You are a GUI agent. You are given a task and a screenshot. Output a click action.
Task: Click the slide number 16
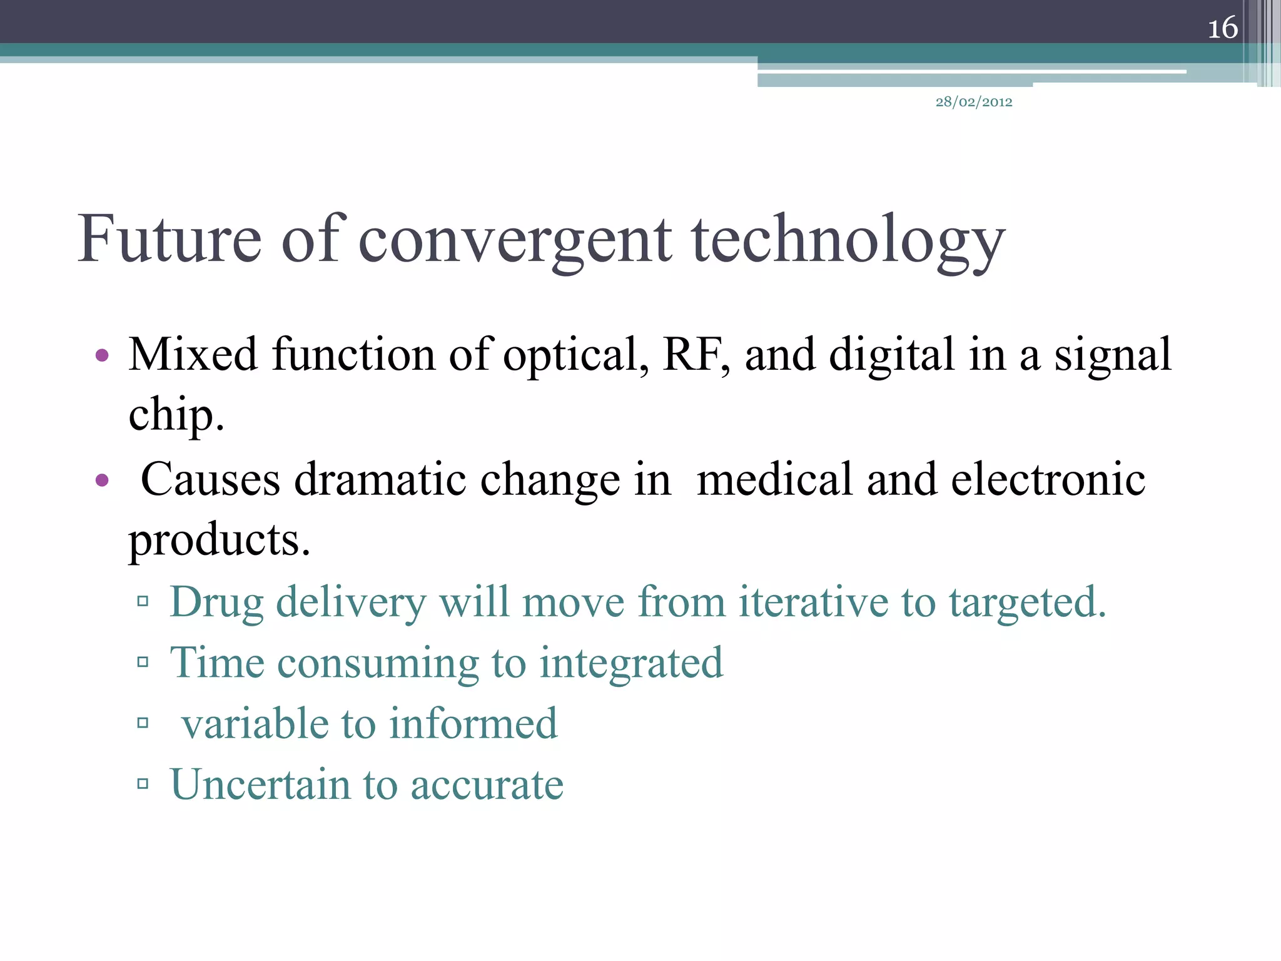pyautogui.click(x=1222, y=28)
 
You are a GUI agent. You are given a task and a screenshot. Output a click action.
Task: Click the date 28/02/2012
pyautogui.click(x=974, y=102)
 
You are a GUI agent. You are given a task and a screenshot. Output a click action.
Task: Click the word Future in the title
pyautogui.click(x=170, y=239)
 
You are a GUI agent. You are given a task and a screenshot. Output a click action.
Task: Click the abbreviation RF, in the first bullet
pyautogui.click(x=696, y=355)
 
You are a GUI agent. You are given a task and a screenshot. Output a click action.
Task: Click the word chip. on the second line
pyautogui.click(x=176, y=415)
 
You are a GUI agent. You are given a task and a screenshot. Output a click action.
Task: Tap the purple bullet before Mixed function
pyautogui.click(x=102, y=357)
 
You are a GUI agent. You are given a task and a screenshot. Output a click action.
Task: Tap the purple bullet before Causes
pyautogui.click(x=102, y=481)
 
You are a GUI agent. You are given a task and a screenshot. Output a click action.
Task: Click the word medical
pyautogui.click(x=774, y=480)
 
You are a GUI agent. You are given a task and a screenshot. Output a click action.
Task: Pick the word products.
pyautogui.click(x=219, y=540)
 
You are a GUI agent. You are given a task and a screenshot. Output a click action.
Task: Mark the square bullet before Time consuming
pyautogui.click(x=143, y=662)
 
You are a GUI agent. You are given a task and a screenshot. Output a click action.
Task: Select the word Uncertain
pyautogui.click(x=260, y=784)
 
